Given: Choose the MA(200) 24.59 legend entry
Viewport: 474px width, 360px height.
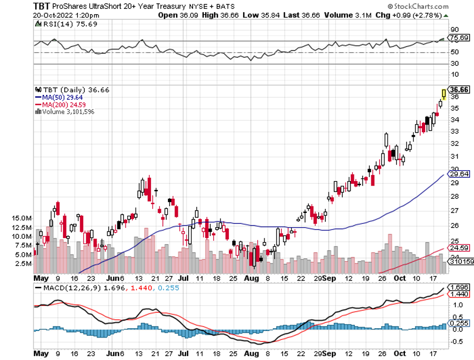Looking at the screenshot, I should [x=62, y=104].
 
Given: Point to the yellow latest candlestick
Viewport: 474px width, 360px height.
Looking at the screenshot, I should [x=444, y=94].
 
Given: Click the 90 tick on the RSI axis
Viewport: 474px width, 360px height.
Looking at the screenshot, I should [x=454, y=29].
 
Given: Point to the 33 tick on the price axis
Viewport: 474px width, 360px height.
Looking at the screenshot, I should [x=454, y=132].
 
